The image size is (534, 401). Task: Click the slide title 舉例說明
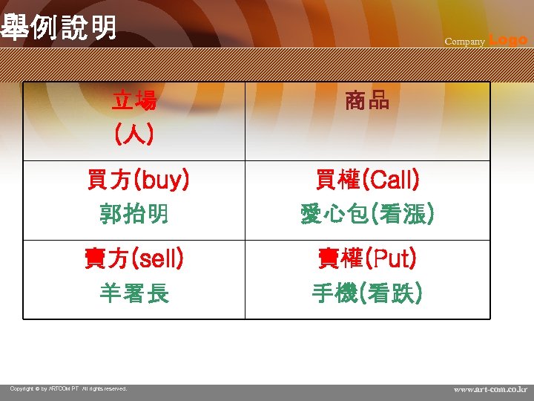[x=59, y=27]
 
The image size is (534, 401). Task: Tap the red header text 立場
[x=134, y=100]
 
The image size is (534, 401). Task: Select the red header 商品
[x=366, y=100]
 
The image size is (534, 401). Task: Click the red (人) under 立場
[x=134, y=135]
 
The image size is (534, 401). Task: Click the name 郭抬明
[x=134, y=215]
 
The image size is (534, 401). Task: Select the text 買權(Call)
[x=366, y=179]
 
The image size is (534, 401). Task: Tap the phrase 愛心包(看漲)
[x=366, y=215]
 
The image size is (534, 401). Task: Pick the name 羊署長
[x=134, y=294]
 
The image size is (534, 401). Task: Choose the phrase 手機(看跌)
[x=366, y=294]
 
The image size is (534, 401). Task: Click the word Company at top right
[x=464, y=42]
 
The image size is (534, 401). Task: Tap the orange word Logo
[x=508, y=40]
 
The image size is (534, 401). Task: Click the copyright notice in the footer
[x=68, y=388]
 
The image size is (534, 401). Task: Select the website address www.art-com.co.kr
[x=490, y=388]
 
